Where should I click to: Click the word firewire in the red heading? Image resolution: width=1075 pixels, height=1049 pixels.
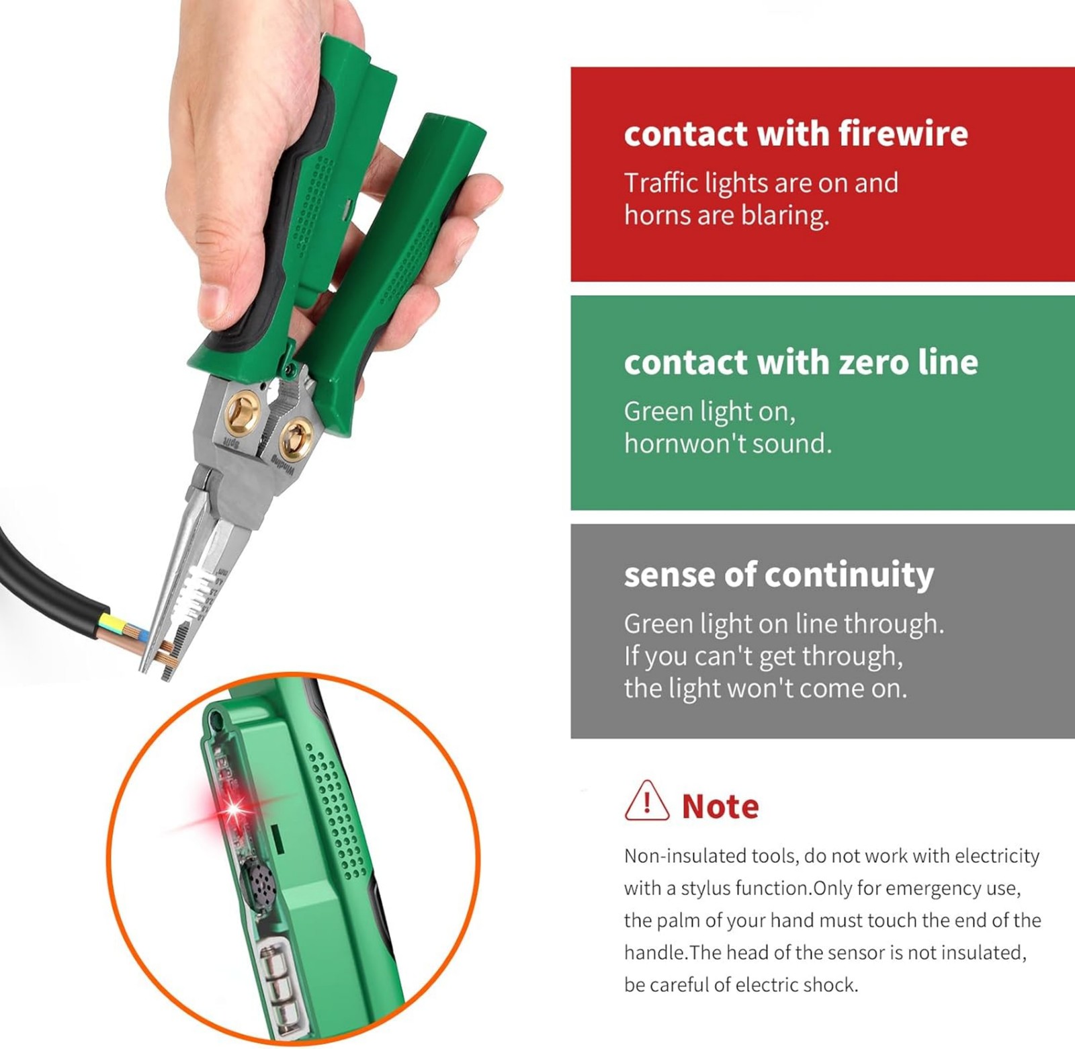[x=903, y=133]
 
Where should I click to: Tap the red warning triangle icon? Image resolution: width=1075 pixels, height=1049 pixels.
[x=646, y=801]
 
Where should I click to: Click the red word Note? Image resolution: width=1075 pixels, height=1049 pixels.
[x=720, y=806]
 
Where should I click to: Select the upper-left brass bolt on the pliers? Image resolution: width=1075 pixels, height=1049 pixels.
[x=242, y=411]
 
